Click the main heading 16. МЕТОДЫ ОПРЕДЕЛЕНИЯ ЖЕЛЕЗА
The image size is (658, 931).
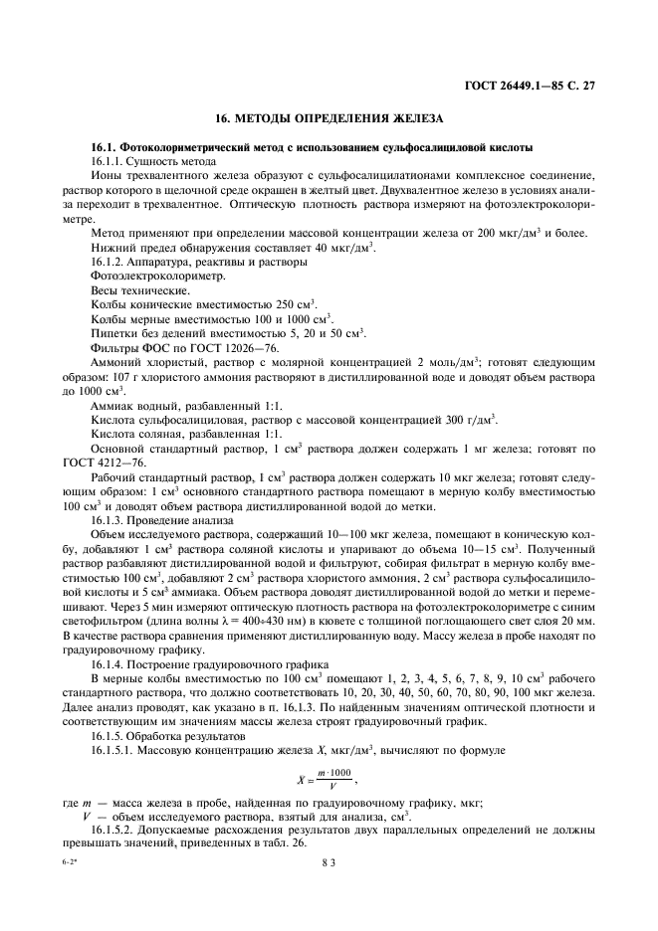click(329, 118)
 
